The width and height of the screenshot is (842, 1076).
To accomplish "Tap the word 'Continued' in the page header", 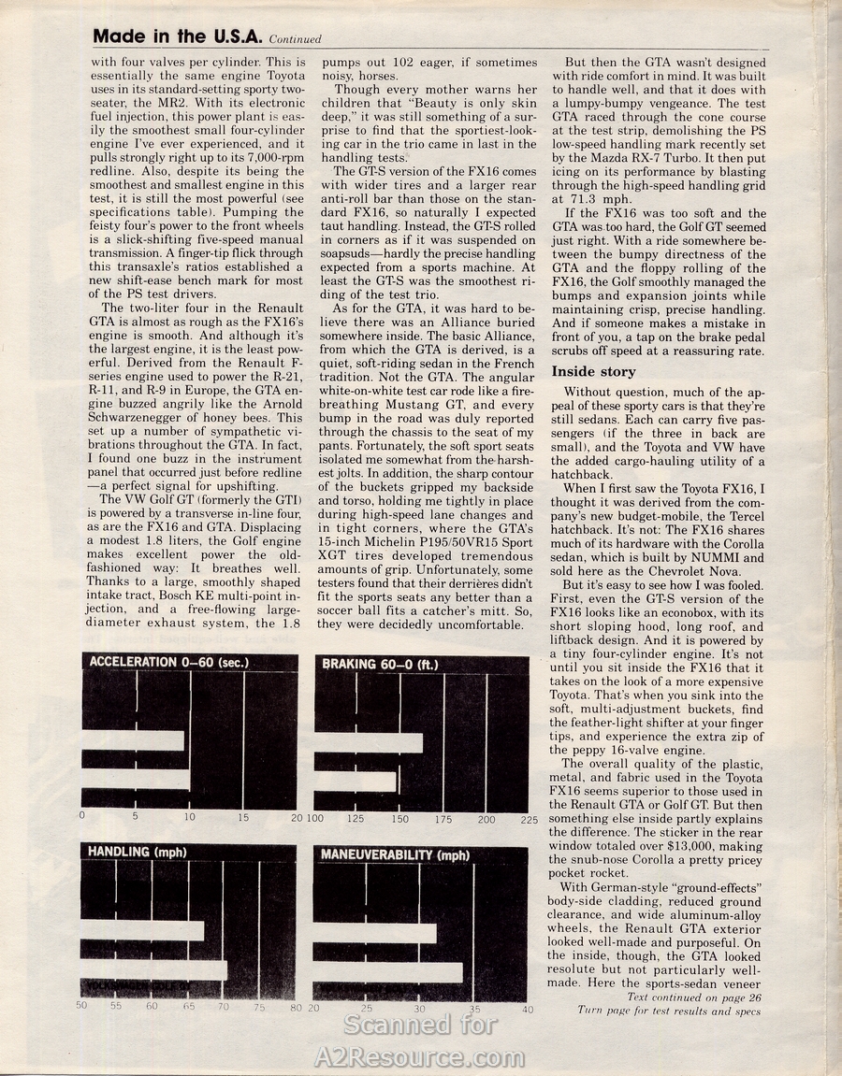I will [295, 39].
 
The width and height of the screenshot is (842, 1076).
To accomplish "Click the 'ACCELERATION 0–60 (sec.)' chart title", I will [169, 663].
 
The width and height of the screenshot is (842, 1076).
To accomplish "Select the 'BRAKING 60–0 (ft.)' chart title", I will [380, 665].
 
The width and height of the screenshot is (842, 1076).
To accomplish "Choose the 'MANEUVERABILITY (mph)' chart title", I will [395, 855].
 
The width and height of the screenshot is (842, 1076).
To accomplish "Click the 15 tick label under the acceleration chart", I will [243, 818].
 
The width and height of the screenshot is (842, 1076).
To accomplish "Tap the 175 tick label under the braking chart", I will [443, 820].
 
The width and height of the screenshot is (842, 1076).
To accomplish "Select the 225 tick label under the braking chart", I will [529, 820].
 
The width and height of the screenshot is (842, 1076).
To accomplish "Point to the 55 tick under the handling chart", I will [116, 1007].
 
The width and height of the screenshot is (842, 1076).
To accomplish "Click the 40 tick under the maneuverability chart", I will [528, 1009].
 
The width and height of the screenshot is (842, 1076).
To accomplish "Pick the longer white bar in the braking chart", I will [369, 743].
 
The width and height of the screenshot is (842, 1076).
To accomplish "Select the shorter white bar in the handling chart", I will [142, 931].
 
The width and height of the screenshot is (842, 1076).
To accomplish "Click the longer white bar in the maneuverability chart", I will [388, 972].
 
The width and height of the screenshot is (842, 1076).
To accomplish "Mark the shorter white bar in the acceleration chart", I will [133, 740].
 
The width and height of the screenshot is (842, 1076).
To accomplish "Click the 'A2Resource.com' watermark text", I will [420, 1057].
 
